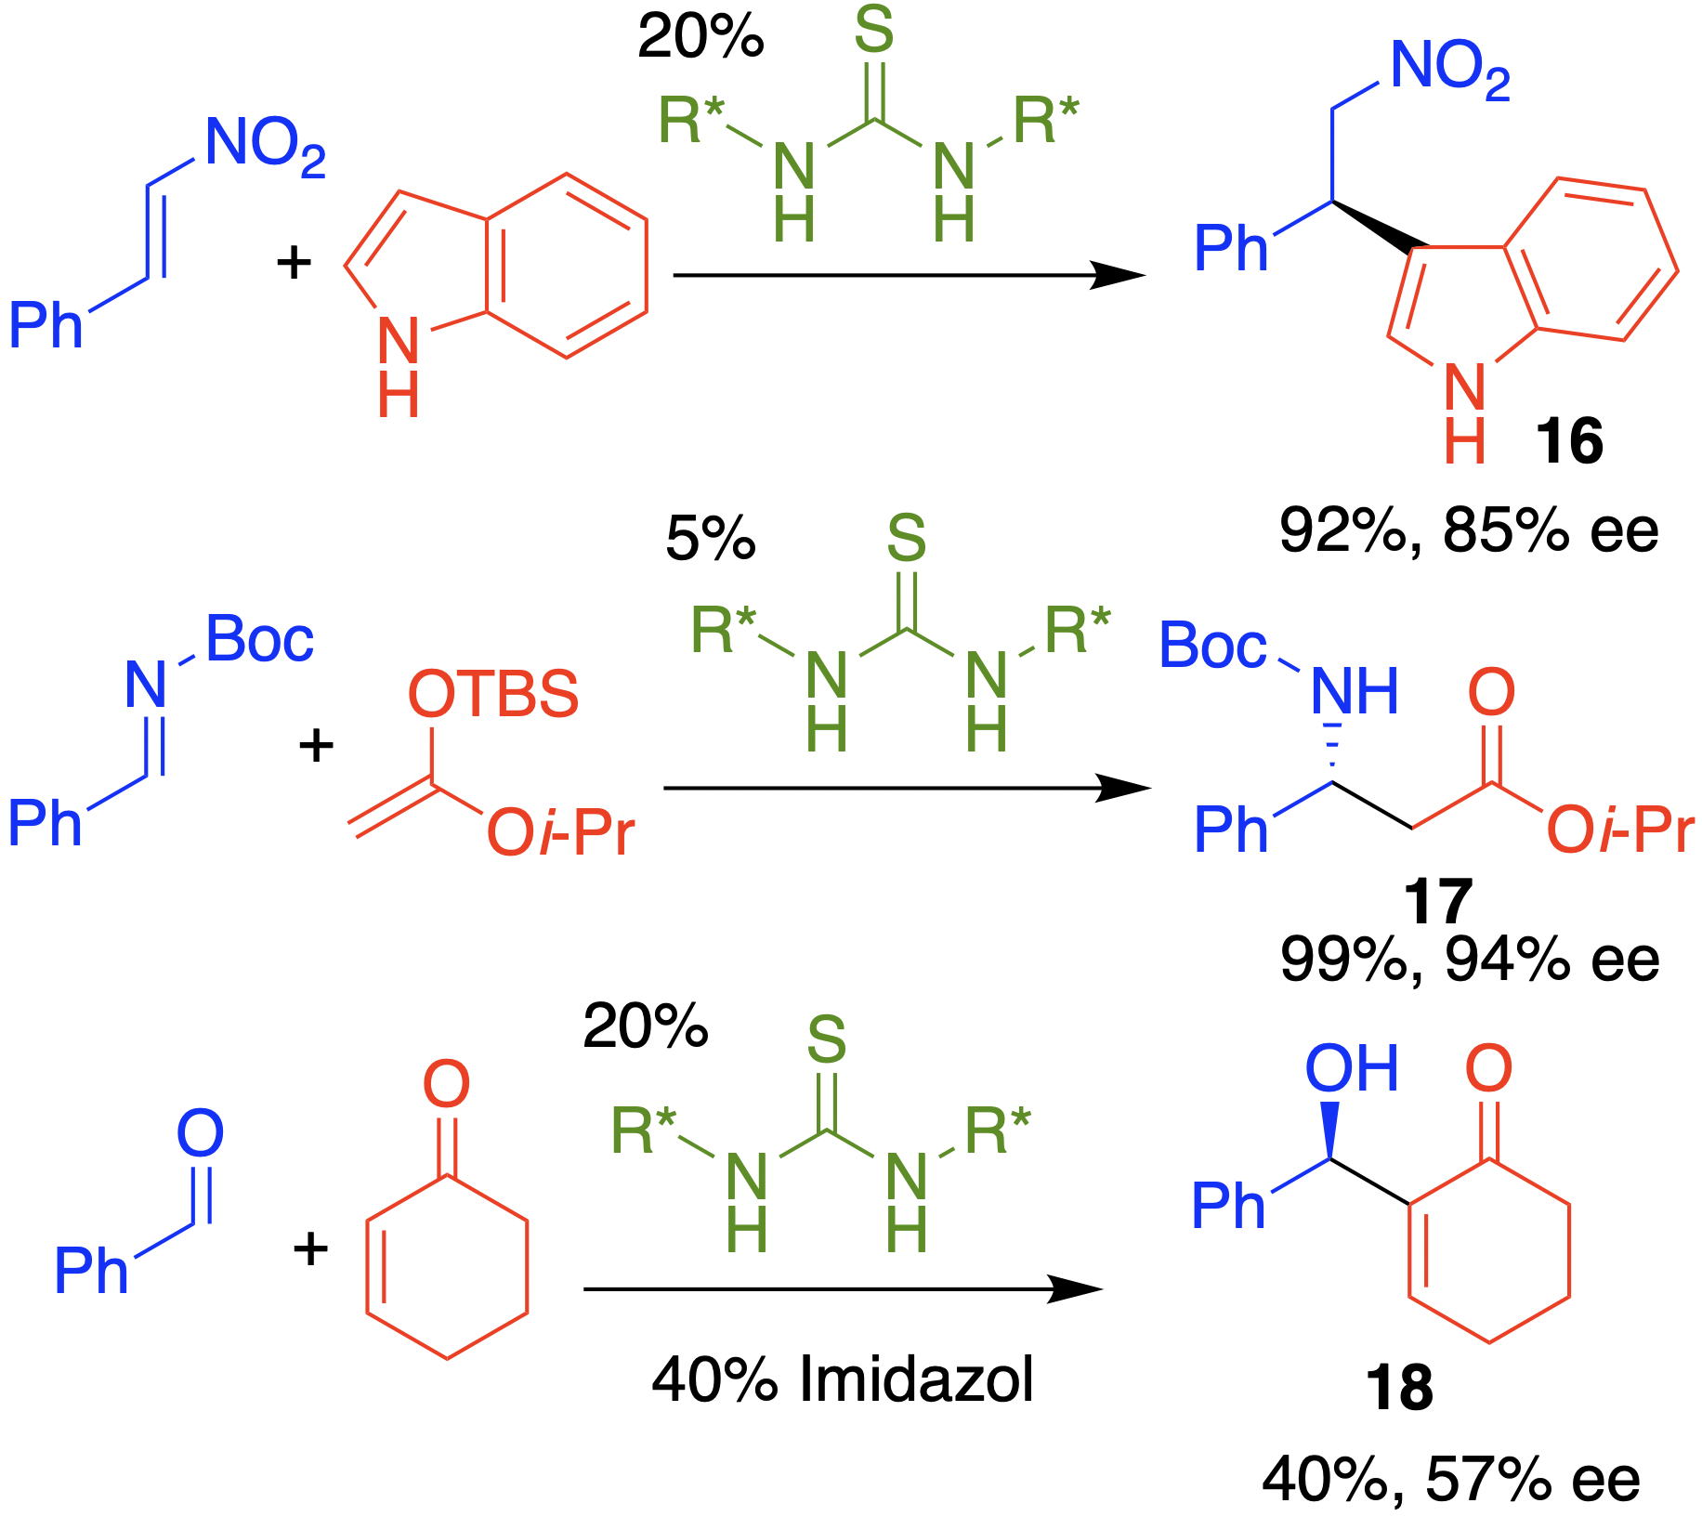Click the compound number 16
point(1569,441)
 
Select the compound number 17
point(1437,900)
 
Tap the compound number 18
point(1399,1388)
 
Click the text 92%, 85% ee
point(1469,530)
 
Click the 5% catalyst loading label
point(711,539)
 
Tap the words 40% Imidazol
point(843,1379)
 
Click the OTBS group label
point(493,694)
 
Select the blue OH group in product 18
point(1352,1069)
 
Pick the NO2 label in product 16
point(1449,70)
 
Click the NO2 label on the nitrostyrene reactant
point(265,146)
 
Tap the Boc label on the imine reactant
point(259,640)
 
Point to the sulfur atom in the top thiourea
point(873,30)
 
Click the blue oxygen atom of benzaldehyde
point(201,1133)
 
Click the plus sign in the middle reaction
point(316,746)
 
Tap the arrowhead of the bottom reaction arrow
point(1078,1288)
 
